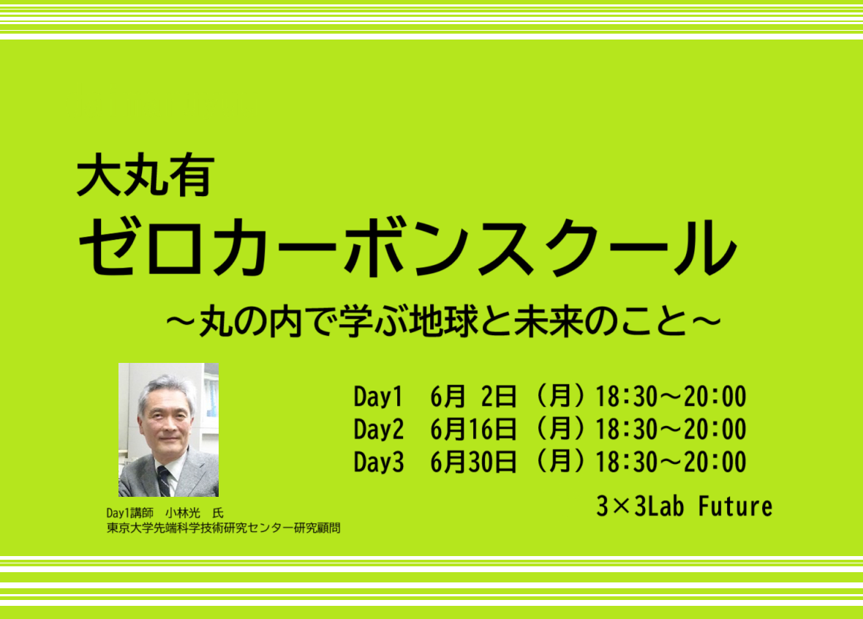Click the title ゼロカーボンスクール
click(407, 247)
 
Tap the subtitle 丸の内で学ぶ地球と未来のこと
click(444, 321)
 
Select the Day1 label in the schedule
click(378, 397)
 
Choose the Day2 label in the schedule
click(378, 429)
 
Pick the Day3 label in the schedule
click(378, 462)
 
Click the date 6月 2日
click(473, 397)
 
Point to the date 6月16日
click(473, 429)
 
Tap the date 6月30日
click(473, 462)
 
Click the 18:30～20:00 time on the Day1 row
click(671, 397)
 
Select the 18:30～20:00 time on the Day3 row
click(671, 462)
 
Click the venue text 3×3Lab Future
click(684, 506)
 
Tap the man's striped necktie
click(164, 481)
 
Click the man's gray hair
click(165, 389)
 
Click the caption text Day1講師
click(130, 513)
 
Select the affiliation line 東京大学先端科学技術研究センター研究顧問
click(224, 528)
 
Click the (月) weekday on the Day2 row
click(559, 429)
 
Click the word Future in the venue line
click(735, 506)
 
